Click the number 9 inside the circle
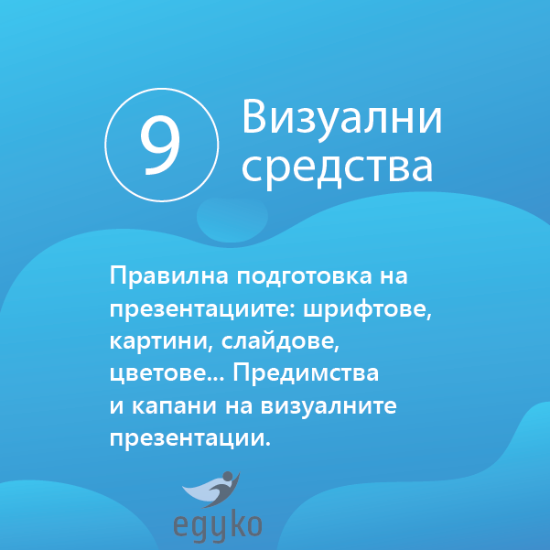(x=161, y=146)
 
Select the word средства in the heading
(x=337, y=167)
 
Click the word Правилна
(x=169, y=276)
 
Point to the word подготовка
(x=304, y=276)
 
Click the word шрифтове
(x=367, y=308)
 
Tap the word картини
(x=161, y=341)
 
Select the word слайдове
(x=280, y=341)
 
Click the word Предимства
(x=306, y=373)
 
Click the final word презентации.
(x=190, y=438)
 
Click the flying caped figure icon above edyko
(x=211, y=489)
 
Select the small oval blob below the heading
(x=232, y=220)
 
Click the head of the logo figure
(x=227, y=477)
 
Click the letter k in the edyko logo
(x=237, y=524)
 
